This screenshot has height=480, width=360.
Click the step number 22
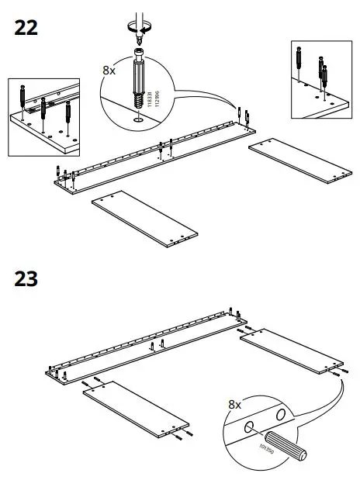[x=26, y=28]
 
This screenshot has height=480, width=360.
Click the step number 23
[x=26, y=278]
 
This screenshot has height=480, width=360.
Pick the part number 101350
[x=260, y=447]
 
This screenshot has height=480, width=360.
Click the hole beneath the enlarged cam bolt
[x=137, y=119]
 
